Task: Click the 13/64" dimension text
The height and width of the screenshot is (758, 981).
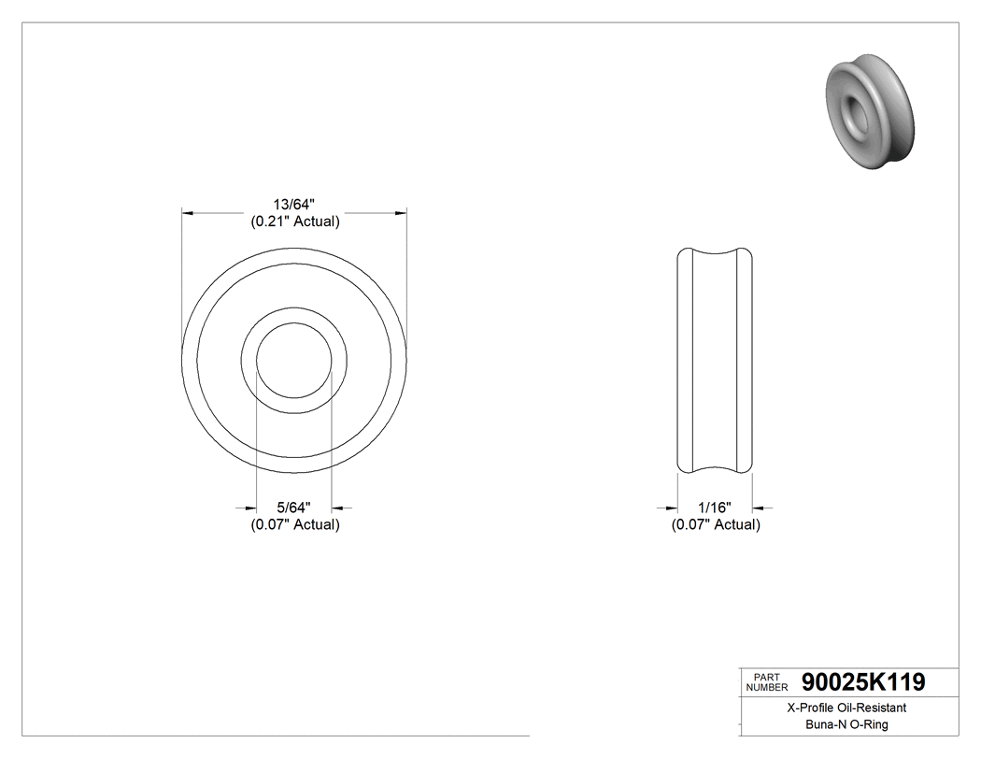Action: coord(294,205)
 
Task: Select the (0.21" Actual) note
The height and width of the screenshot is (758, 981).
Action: coord(294,222)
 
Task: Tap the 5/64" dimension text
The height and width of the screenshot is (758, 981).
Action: coord(294,508)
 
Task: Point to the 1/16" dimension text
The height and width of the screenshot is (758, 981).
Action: coord(716,508)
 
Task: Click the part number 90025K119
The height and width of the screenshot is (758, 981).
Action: coord(863,683)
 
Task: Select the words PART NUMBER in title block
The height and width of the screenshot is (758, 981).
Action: coord(766,682)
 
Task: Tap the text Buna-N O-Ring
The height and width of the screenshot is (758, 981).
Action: coord(846,725)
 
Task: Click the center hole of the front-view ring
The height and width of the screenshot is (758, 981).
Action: coord(294,360)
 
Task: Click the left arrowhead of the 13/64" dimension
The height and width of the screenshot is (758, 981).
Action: coord(187,214)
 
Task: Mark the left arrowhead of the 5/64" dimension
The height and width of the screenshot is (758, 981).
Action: coord(250,508)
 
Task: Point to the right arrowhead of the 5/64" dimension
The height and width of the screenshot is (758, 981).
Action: coord(338,508)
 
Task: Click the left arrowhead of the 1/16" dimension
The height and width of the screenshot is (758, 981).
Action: coord(671,508)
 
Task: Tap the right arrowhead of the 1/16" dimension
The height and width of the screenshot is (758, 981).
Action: coord(760,508)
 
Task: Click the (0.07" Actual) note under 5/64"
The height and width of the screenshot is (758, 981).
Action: coord(294,524)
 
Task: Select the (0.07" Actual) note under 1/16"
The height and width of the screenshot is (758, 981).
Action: coord(716,524)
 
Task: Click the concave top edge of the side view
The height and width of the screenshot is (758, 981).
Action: coord(715,254)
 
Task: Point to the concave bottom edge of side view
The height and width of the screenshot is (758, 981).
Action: coord(715,466)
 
